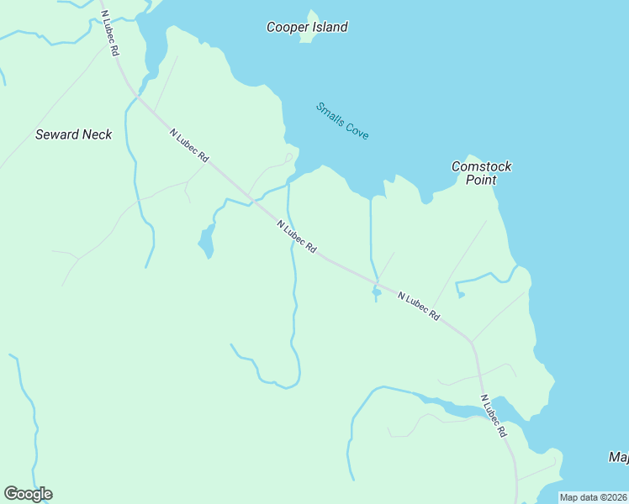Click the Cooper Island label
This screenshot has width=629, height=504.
coord(307,27)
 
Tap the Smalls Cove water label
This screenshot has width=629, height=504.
coord(342,121)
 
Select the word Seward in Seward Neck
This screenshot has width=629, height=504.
coord(56,134)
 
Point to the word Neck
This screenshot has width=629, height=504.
coord(96,134)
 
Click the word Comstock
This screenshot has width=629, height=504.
coord(481,166)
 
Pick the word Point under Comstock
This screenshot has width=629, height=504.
coord(481,180)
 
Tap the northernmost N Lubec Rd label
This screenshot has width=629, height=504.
coord(108,33)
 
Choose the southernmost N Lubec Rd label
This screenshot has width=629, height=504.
coord(494,415)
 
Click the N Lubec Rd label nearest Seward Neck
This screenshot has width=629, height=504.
coord(189,146)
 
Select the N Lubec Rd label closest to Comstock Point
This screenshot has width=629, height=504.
coord(419,306)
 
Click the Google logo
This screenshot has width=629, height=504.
coord(28,494)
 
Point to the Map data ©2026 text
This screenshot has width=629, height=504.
coord(594,497)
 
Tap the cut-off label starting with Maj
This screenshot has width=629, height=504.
coord(618,458)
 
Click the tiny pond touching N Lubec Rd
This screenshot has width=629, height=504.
coord(375,292)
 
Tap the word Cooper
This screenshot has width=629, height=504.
coord(287,27)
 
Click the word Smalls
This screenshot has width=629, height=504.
coord(329,113)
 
